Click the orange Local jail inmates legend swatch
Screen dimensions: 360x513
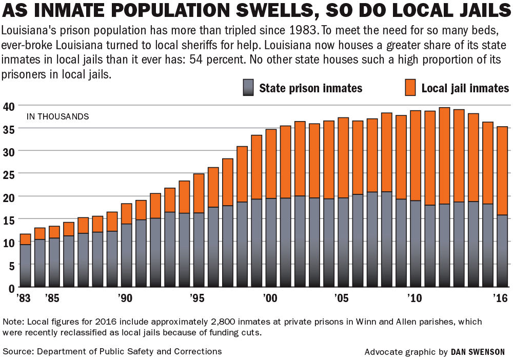(410, 87)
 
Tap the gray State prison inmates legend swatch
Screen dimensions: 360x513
(248, 87)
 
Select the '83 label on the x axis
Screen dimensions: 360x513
(24, 297)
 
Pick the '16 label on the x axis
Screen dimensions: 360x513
(500, 297)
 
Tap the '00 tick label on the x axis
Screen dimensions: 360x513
(270, 297)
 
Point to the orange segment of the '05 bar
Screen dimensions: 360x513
(343, 157)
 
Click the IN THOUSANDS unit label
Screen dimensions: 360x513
(57, 116)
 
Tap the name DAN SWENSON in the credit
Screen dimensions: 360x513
(478, 352)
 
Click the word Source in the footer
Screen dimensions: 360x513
(16, 351)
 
